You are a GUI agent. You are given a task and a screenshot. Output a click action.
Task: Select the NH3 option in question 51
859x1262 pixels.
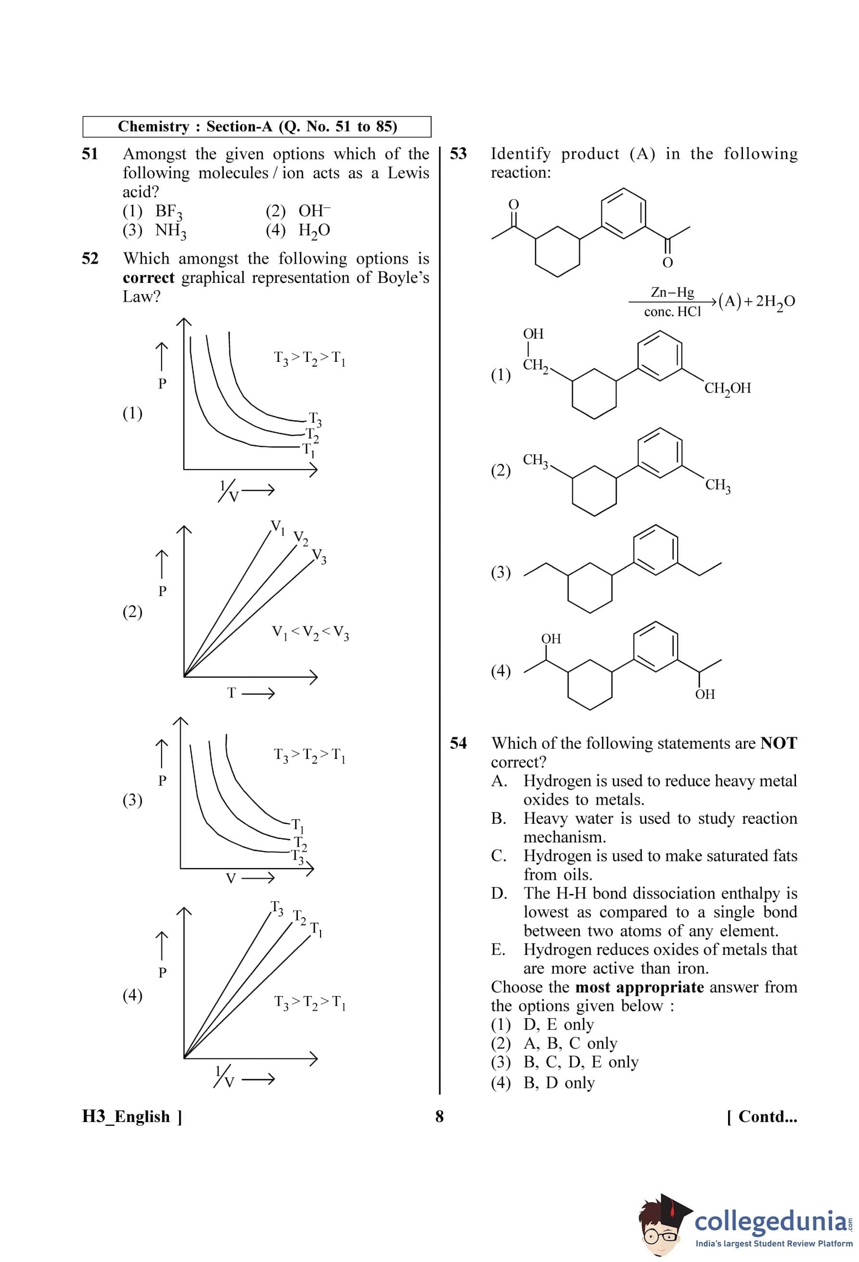coord(170,231)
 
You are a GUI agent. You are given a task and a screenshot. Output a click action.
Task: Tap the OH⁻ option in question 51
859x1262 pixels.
coord(314,211)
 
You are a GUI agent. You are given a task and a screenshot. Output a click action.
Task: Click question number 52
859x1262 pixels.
coord(90,258)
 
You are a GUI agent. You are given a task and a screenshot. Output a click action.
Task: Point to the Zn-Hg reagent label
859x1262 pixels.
coord(672,292)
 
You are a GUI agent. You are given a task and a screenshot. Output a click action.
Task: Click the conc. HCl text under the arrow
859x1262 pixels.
coord(672,312)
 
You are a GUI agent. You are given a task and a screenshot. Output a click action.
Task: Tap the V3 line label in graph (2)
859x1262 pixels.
coord(319,556)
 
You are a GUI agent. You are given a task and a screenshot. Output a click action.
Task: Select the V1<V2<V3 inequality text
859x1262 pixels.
coord(310,633)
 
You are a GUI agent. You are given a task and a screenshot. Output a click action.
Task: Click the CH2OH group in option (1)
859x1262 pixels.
coord(727,388)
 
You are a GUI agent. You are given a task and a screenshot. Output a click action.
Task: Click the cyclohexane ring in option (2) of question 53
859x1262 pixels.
coord(594,489)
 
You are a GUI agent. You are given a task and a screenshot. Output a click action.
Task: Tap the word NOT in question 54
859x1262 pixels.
coord(778,743)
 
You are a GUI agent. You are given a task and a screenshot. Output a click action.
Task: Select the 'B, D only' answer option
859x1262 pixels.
coord(559,1083)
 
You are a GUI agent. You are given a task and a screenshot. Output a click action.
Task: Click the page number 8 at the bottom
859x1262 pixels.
coord(439,1117)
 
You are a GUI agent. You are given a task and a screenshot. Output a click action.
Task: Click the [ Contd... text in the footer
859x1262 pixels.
coord(762,1117)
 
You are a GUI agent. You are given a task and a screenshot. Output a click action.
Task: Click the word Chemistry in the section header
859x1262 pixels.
coord(154,127)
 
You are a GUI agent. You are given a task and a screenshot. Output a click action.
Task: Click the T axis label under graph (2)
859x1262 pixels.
coord(232,693)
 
